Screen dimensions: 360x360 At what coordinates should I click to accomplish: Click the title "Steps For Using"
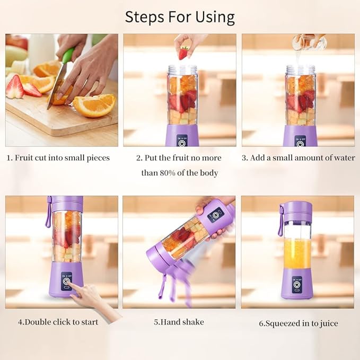(180, 16)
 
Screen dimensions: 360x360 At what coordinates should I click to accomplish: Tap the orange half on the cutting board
(94, 104)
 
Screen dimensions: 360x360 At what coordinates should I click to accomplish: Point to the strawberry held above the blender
(183, 53)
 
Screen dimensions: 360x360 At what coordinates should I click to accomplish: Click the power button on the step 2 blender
(182, 143)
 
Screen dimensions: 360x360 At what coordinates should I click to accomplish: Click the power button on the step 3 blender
(301, 143)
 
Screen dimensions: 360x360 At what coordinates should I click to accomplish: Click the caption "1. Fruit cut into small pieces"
(58, 158)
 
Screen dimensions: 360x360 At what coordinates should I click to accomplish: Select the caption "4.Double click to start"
(58, 322)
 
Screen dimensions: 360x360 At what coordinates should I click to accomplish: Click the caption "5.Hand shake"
(179, 322)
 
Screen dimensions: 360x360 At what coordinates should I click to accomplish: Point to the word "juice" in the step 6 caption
(327, 323)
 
